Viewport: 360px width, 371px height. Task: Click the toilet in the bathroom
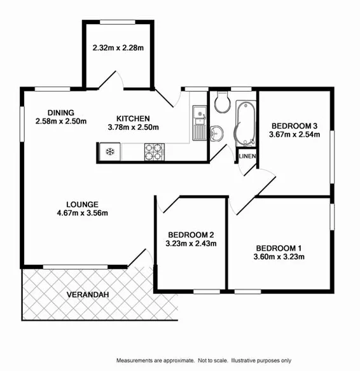tap(222, 101)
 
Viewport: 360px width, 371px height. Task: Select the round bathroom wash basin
tap(218, 132)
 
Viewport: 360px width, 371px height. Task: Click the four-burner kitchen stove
tap(153, 151)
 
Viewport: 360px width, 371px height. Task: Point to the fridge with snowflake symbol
tap(109, 151)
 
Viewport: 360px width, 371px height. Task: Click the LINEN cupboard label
tap(247, 157)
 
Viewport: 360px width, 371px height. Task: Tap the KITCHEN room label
tap(133, 118)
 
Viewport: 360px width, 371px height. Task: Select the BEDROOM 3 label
tap(293, 125)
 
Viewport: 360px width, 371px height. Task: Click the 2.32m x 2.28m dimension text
tap(118, 48)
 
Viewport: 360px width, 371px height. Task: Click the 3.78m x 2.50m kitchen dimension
tap(133, 127)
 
